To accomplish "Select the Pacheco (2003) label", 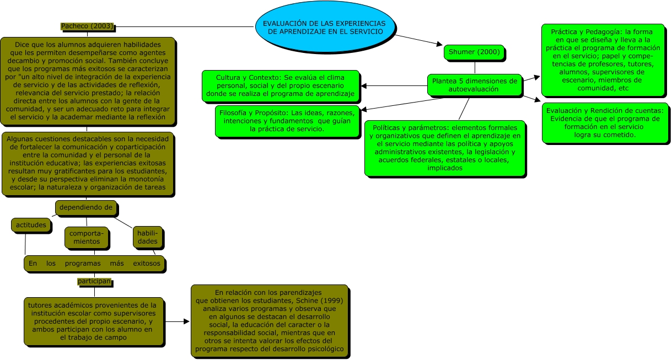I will pyautogui.click(x=87, y=26).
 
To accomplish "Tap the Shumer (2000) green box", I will pyautogui.click(x=474, y=52).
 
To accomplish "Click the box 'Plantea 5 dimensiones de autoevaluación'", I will pyautogui.click(x=474, y=84).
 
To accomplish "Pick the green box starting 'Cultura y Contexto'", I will pyautogui.click(x=281, y=86).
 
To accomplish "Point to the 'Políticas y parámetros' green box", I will pyautogui.click(x=445, y=148).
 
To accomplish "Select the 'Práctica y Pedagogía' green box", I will pyautogui.click(x=605, y=60).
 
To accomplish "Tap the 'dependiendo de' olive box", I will pyautogui.click(x=85, y=207).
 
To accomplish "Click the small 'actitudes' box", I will pyautogui.click(x=31, y=225).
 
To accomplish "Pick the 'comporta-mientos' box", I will pyautogui.click(x=84, y=238).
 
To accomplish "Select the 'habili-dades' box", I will pyautogui.click(x=147, y=237).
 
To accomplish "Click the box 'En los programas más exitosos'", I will pyautogui.click(x=94, y=264).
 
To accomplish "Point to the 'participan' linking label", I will pyautogui.click(x=94, y=281).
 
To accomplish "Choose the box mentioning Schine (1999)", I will pyautogui.click(x=270, y=320).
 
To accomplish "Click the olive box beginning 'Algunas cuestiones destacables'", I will pyautogui.click(x=88, y=163).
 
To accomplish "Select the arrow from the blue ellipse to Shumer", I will pyautogui.click(x=419, y=40).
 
